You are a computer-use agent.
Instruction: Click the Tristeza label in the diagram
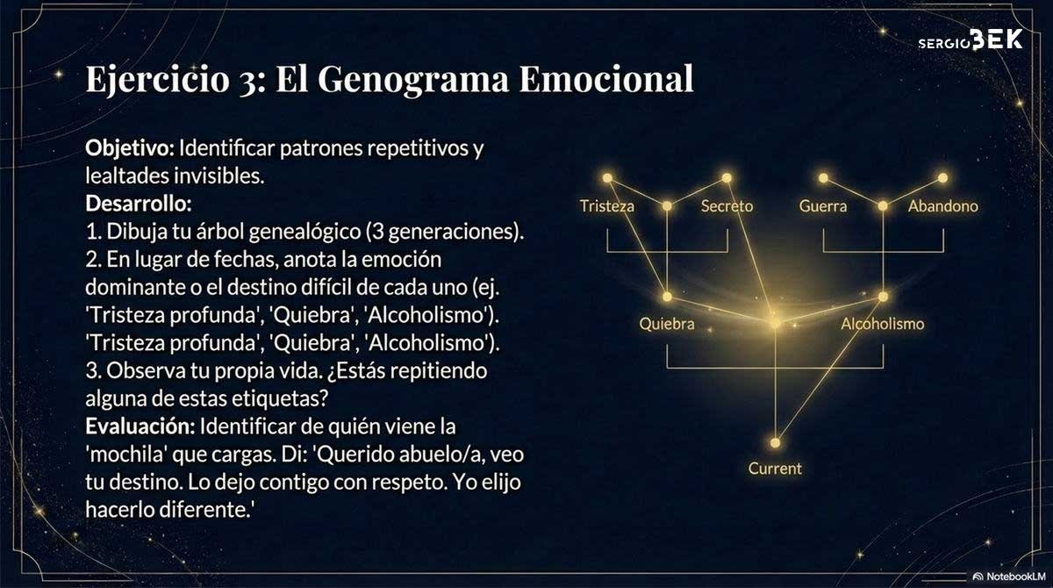607,206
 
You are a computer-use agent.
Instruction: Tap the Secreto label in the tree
727,206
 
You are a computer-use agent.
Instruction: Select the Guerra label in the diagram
823,206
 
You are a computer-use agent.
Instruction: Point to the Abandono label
943,206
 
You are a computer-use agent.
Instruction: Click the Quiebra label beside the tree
667,324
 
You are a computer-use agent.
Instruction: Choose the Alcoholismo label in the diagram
883,324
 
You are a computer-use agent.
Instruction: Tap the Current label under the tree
775,469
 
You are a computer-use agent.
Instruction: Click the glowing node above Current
775,443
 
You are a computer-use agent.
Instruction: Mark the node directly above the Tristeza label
607,177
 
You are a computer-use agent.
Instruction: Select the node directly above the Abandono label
943,177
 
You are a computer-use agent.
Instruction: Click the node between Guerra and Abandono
883,206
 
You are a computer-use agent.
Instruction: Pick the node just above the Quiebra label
667,297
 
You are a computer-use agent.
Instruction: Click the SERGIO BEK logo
971,39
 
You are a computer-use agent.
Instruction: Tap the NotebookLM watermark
1009,577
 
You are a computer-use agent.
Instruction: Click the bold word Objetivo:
130,149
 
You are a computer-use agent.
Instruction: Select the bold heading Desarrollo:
139,204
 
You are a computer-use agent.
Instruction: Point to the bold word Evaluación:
140,427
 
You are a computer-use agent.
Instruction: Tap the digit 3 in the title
247,82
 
